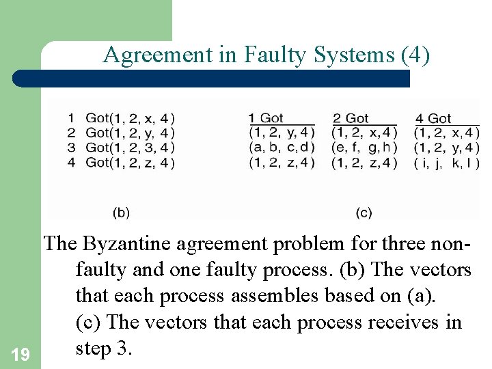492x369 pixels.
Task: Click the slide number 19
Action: pyautogui.click(x=20, y=354)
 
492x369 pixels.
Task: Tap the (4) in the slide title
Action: pyautogui.click(x=416, y=55)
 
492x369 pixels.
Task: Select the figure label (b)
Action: pyautogui.click(x=121, y=213)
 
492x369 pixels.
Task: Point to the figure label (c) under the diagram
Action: pyautogui.click(x=364, y=213)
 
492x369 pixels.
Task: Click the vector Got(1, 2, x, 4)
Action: pyautogui.click(x=131, y=118)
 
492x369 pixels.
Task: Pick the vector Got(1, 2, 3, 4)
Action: pyautogui.click(x=131, y=148)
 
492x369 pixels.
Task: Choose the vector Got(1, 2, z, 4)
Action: pyautogui.click(x=131, y=162)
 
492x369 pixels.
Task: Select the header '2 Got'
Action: pyautogui.click(x=351, y=118)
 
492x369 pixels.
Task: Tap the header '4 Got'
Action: pyautogui.click(x=433, y=118)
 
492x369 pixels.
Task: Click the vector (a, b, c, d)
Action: pyautogui.click(x=282, y=147)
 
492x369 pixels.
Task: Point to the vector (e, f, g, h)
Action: pyautogui.click(x=364, y=147)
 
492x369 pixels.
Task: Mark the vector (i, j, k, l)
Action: pyautogui.click(x=447, y=162)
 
